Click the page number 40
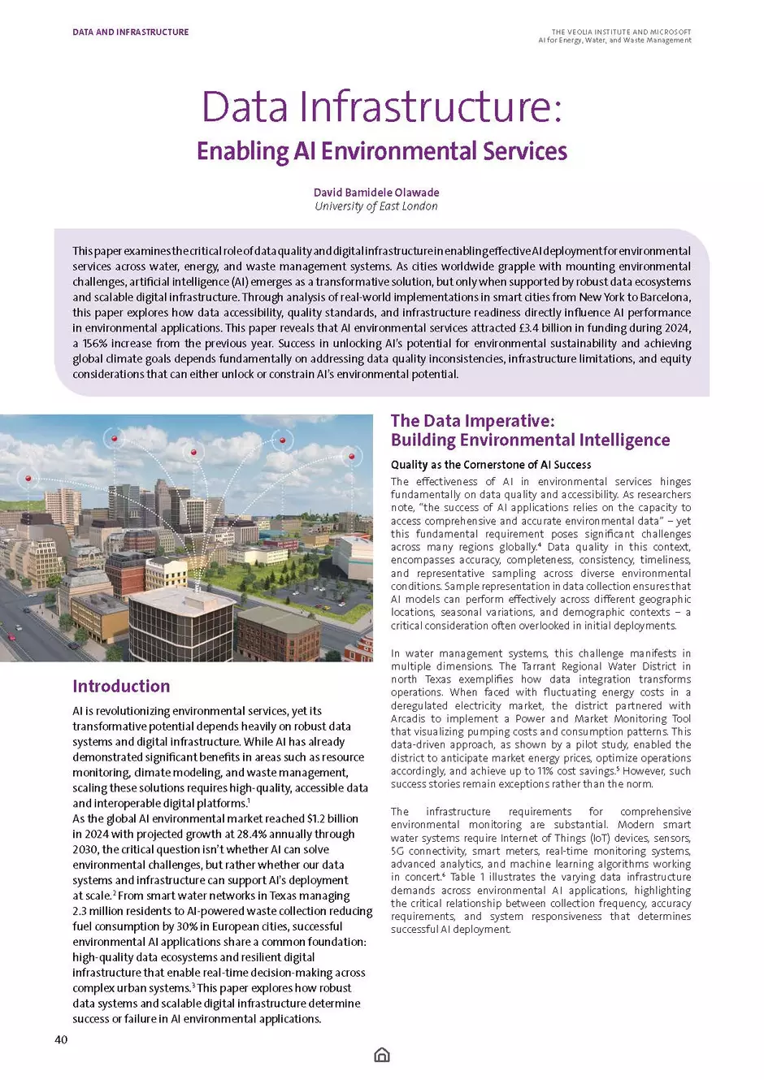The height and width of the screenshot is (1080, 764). pos(61,1039)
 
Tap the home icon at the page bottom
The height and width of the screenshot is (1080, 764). pos(382,1055)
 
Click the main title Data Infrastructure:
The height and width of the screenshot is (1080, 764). pos(381,107)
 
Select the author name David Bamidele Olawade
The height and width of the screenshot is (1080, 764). pos(376,193)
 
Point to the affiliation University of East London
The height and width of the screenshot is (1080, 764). pos(376,206)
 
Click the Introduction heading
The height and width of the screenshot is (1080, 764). pos(121,686)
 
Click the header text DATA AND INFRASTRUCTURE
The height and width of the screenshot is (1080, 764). pos(130,33)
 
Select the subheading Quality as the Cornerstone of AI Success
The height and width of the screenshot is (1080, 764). pos(491,465)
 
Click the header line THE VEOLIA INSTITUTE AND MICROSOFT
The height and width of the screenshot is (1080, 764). pos(621,33)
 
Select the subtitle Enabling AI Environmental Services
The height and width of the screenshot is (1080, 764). pos(381,152)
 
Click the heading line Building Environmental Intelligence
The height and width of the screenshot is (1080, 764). pos(530,440)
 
